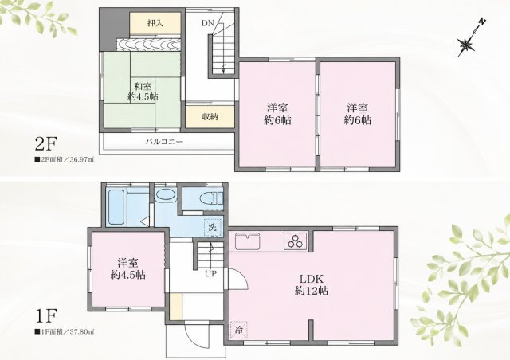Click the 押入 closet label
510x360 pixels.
(x=155, y=23)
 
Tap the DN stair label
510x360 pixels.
(x=207, y=23)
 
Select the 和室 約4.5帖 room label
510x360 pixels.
(x=143, y=92)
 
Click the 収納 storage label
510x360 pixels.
(x=210, y=117)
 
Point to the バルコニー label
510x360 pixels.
(x=164, y=142)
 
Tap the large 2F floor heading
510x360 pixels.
(x=46, y=145)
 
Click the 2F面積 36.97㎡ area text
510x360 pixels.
(x=65, y=160)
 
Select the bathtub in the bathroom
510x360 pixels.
(x=116, y=207)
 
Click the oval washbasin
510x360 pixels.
(x=166, y=195)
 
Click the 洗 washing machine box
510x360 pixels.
(x=213, y=227)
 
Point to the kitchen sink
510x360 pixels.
(x=248, y=241)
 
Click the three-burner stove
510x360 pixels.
(x=296, y=241)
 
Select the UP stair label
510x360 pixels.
(x=210, y=274)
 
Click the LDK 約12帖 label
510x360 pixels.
(x=312, y=284)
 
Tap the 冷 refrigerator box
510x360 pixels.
(x=238, y=330)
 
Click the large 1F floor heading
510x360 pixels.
(x=46, y=315)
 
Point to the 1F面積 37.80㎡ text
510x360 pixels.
(x=65, y=331)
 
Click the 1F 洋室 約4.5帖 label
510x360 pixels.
(x=127, y=268)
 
